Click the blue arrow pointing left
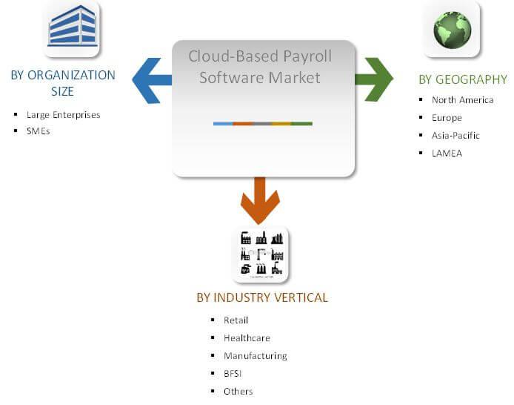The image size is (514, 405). pyautogui.click(x=152, y=80)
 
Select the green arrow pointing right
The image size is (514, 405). pyautogui.click(x=374, y=79)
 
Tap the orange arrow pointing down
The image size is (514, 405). pyautogui.click(x=260, y=200)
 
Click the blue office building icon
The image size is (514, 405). pyautogui.click(x=72, y=28)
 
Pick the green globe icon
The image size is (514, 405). pyautogui.click(x=452, y=30)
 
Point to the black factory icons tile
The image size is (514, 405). pyautogui.click(x=261, y=254)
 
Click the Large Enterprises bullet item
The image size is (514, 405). pyautogui.click(x=63, y=115)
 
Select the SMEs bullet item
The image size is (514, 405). pyautogui.click(x=38, y=131)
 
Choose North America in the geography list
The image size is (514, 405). pyautogui.click(x=463, y=100)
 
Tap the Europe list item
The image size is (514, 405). pyautogui.click(x=447, y=118)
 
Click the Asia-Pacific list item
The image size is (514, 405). pyautogui.click(x=455, y=135)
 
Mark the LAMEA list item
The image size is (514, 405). pyautogui.click(x=447, y=154)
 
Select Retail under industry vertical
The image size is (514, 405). pyautogui.click(x=236, y=320)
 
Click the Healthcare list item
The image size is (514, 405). pyautogui.click(x=247, y=338)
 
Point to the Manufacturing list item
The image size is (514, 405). pyautogui.click(x=256, y=356)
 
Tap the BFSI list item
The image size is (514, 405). pyautogui.click(x=233, y=374)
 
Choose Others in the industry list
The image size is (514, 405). pyautogui.click(x=238, y=391)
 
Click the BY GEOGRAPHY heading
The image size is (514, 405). pyautogui.click(x=463, y=79)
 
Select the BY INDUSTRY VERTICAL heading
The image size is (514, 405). pyautogui.click(x=262, y=297)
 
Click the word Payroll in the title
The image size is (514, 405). pyautogui.click(x=307, y=56)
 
